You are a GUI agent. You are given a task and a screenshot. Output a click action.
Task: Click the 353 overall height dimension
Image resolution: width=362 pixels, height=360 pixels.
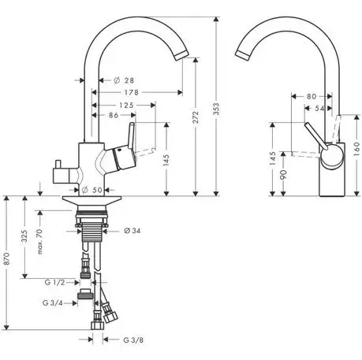[216, 109]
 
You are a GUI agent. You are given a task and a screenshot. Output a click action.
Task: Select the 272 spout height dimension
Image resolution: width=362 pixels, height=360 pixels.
[196, 117]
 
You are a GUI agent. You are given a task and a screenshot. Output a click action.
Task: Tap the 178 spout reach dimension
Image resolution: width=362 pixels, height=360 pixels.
[132, 92]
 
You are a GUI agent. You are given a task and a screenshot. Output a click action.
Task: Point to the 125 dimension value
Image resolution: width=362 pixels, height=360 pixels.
[126, 106]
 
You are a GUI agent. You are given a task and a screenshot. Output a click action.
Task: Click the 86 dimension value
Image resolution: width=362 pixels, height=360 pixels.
[114, 115]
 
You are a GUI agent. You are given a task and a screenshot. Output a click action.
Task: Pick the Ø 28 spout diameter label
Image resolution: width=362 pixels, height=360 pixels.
[124, 80]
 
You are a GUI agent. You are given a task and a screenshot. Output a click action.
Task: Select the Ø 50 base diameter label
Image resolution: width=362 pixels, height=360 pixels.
[92, 190]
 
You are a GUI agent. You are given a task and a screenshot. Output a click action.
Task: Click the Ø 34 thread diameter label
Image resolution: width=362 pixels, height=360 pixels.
[132, 231]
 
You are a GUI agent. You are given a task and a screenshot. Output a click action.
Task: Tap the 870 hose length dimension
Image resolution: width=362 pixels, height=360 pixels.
[6, 258]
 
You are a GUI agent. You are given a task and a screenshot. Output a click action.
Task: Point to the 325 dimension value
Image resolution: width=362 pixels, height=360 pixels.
[24, 236]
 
